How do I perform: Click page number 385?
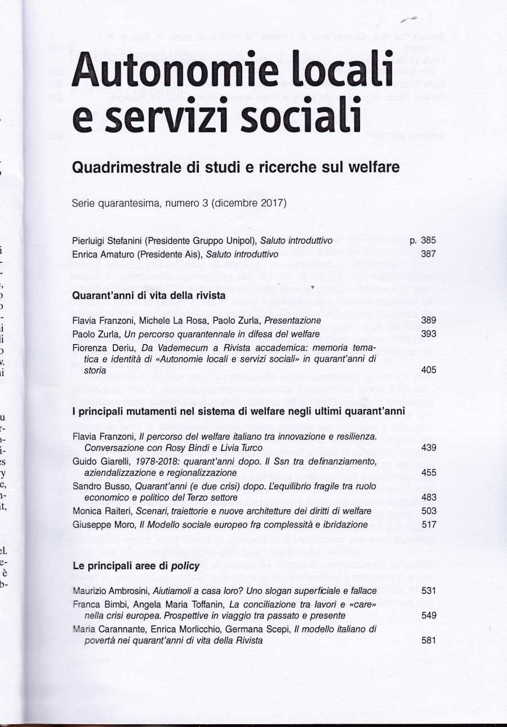click(x=428, y=240)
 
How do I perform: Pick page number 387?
click(x=428, y=254)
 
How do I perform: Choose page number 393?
click(x=428, y=334)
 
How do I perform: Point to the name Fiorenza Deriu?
click(x=100, y=348)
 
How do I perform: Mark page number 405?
click(x=428, y=370)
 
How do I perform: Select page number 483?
click(x=428, y=497)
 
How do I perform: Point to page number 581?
click(x=428, y=640)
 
